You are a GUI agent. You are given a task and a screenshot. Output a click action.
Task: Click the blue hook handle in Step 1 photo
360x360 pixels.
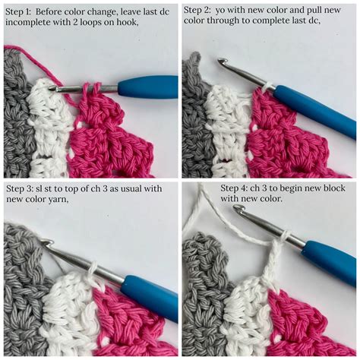pos(148,86)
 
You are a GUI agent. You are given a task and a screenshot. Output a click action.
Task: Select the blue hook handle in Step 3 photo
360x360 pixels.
pos(148,292)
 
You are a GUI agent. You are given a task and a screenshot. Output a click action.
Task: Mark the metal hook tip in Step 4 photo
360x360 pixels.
pos(238,208)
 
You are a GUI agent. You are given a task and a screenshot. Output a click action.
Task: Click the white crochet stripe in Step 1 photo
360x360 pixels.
pos(50,133)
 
